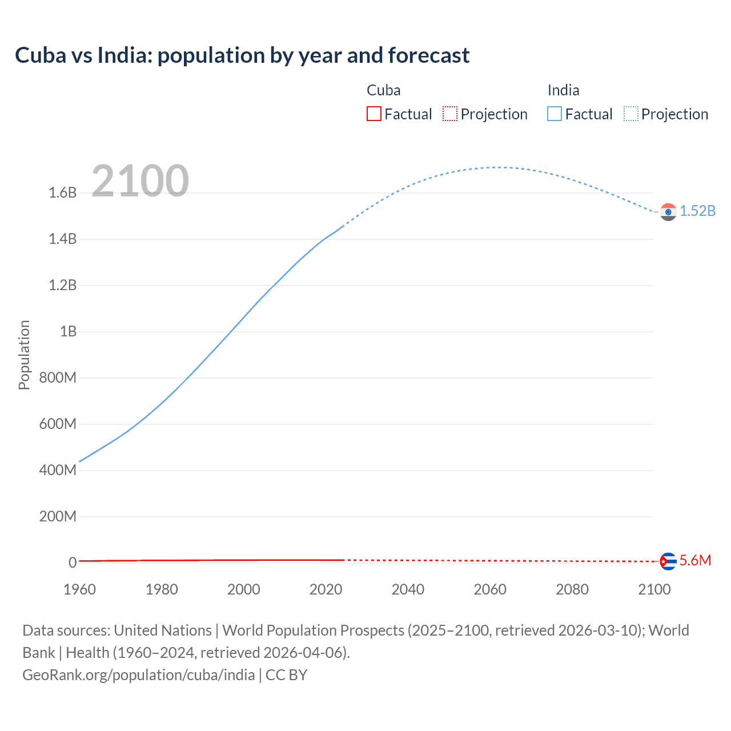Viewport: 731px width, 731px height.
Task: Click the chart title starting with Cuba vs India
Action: tap(242, 55)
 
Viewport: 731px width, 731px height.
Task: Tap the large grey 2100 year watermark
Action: tap(140, 180)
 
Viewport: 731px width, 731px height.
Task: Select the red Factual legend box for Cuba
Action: tap(373, 114)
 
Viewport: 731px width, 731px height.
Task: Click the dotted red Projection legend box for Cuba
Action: tap(450, 114)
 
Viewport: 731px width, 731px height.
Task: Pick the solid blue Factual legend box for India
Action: tap(554, 114)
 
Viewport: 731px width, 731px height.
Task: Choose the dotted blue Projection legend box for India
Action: tap(630, 114)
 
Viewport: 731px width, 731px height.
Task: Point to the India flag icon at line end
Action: tap(668, 212)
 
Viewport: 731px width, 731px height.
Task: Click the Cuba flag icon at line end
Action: tap(668, 561)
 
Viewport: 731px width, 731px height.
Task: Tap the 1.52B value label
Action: tap(697, 211)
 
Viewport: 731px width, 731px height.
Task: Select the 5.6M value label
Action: tap(695, 560)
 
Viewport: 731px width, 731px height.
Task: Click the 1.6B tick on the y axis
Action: tap(62, 192)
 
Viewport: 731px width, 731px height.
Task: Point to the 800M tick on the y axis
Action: tap(58, 377)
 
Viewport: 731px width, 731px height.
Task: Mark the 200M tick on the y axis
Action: tap(58, 516)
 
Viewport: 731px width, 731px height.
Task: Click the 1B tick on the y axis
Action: tap(68, 331)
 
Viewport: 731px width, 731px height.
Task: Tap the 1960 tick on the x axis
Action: tap(79, 589)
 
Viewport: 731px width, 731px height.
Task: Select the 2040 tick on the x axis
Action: tap(408, 589)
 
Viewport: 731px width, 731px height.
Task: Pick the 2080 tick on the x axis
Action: tap(572, 589)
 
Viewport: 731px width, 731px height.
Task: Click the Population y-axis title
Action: tap(24, 355)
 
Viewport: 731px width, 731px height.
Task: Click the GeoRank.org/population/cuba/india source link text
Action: tap(138, 675)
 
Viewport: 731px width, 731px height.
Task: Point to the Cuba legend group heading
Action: tap(383, 90)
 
